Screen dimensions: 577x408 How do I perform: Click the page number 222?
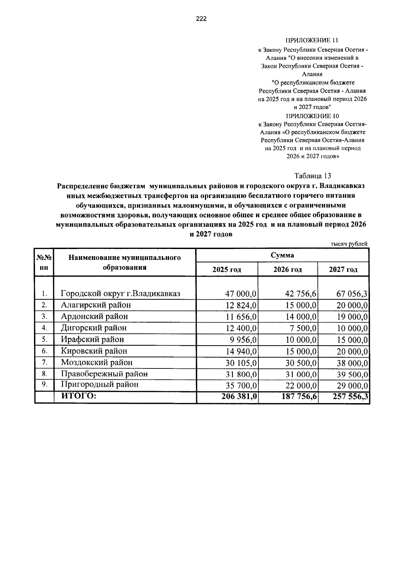click(201, 19)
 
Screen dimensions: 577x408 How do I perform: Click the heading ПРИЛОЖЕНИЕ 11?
click(312, 41)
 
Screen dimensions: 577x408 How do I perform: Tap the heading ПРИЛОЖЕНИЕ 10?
click(312, 116)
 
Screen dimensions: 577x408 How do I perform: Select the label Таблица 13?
click(312, 176)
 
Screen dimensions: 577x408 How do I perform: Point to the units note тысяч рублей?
click(349, 244)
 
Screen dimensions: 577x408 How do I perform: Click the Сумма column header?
click(282, 255)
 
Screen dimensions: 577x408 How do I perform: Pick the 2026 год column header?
click(288, 270)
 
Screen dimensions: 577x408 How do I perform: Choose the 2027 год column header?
click(343, 270)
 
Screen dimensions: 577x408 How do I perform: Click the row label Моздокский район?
click(97, 362)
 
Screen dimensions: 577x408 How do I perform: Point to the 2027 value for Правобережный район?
click(352, 374)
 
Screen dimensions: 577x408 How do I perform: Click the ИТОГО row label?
click(79, 396)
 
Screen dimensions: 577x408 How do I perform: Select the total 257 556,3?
click(351, 396)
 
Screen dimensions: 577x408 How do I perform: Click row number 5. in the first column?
click(44, 340)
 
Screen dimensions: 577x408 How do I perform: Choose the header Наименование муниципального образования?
click(124, 262)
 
